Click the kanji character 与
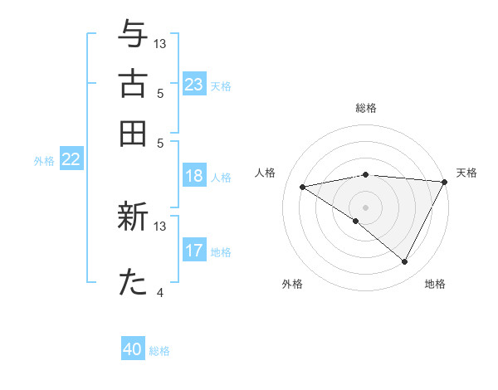(134, 34)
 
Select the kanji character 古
(134, 84)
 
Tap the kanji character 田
(134, 133)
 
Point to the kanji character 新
(134, 218)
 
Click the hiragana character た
(134, 283)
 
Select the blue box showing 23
(194, 85)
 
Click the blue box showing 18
(194, 176)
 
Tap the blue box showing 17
(194, 251)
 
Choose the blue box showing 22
(71, 160)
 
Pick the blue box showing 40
(133, 349)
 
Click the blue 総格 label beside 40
(159, 351)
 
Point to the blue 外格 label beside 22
(43, 161)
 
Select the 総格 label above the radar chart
(365, 108)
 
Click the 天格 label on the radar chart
(466, 173)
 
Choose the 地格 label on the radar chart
(435, 284)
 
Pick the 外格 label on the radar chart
(292, 284)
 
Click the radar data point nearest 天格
(445, 182)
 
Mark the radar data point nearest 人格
(303, 187)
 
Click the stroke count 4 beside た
(160, 292)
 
